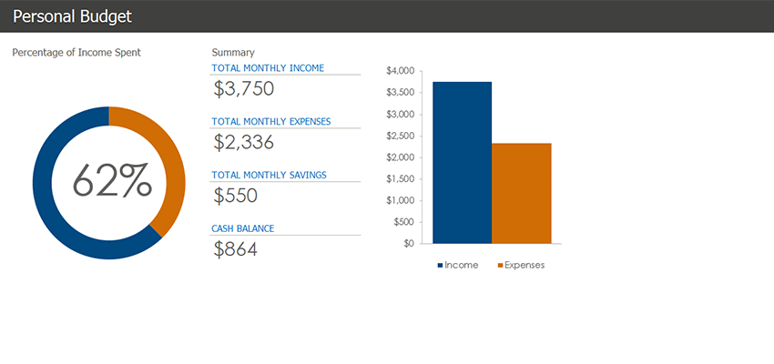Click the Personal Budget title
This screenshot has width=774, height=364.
[x=72, y=16]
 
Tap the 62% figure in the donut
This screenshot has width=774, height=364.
[x=111, y=181]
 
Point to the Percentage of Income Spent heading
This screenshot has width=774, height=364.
[x=76, y=53]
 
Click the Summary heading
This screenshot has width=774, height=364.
[x=233, y=53]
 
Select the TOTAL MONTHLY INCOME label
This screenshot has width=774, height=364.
[x=268, y=68]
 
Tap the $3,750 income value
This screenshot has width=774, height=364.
[x=244, y=89]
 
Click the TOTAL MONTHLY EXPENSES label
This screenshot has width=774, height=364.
[x=271, y=121]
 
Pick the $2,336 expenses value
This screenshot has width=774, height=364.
[x=244, y=142]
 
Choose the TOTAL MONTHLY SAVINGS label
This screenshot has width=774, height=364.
[x=269, y=175]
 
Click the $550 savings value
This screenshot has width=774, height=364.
[x=236, y=196]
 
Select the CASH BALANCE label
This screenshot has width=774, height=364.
[x=243, y=228]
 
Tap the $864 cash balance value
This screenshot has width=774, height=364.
[x=236, y=249]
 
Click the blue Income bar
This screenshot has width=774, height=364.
[x=462, y=164]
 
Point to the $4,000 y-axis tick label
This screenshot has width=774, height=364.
[x=401, y=71]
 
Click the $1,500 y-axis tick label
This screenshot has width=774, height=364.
[x=401, y=179]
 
